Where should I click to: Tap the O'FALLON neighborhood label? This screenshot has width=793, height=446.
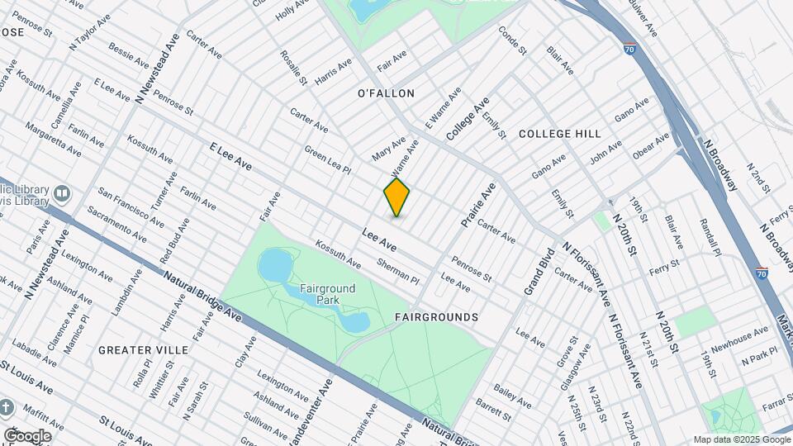(x=385, y=93)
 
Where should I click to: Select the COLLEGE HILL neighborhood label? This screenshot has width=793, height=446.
(x=559, y=133)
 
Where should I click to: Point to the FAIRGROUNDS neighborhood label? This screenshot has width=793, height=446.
(x=436, y=317)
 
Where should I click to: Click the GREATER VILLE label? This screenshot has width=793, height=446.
(x=143, y=350)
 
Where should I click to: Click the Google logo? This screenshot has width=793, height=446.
(x=27, y=435)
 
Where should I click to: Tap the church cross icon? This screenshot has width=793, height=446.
(x=7, y=409)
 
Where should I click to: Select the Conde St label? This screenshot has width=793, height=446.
(x=512, y=40)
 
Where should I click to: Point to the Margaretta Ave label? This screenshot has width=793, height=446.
(x=53, y=140)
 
